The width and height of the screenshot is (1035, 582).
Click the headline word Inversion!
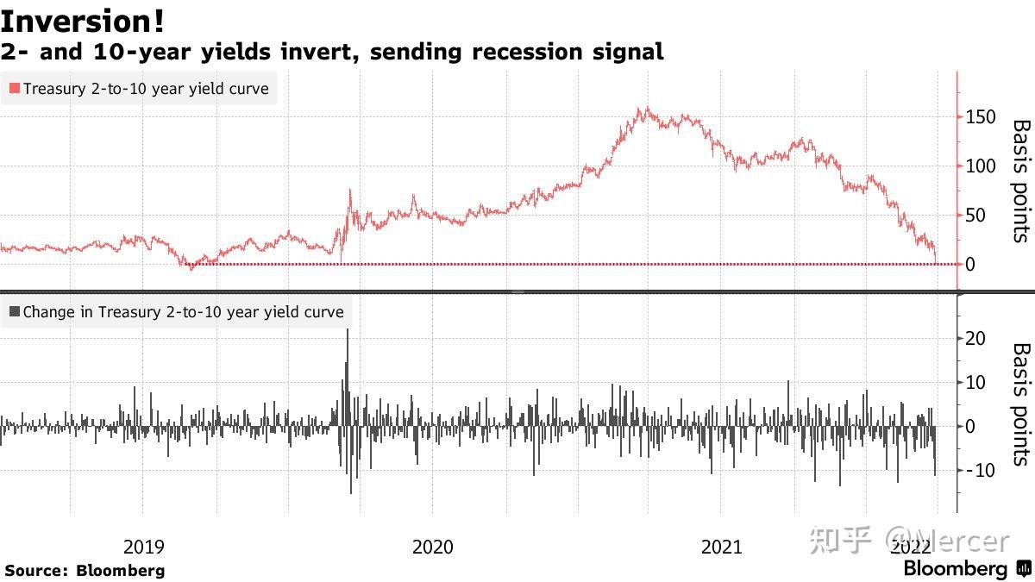tap(83, 21)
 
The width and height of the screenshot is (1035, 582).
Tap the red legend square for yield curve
tap(15, 89)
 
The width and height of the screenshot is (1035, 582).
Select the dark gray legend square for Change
tap(15, 312)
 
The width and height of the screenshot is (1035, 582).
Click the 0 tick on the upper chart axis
tap(970, 265)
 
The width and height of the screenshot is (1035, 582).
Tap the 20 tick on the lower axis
tap(975, 339)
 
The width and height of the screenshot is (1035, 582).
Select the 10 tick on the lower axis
tap(975, 383)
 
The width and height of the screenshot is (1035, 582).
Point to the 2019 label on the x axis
tap(144, 547)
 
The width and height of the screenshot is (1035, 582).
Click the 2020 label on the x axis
tap(433, 547)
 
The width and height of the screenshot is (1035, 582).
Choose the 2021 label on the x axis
tap(721, 547)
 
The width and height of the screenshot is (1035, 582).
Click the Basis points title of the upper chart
tap(1020, 181)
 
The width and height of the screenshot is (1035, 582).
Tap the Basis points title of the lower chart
tap(1020, 404)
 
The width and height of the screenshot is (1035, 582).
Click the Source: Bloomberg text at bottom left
tap(85, 570)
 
